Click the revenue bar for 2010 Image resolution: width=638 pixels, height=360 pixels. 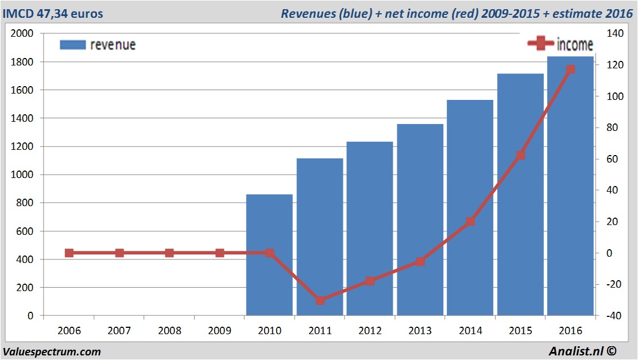[x=269, y=256]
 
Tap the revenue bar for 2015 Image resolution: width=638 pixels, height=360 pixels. [x=520, y=195]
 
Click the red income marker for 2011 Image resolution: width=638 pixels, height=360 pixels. [x=320, y=300]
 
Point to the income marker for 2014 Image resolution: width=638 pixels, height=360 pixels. [x=470, y=221]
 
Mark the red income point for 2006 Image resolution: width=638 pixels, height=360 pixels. [x=69, y=253]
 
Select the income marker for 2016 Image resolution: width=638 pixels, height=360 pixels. [x=570, y=69]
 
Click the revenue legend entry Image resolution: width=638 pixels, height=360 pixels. [x=98, y=45]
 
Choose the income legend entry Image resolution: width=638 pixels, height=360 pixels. [x=560, y=44]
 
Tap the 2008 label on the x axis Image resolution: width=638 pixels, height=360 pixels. [x=169, y=331]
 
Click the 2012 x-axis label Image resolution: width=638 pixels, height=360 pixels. [x=370, y=331]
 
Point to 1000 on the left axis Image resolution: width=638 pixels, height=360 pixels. [x=24, y=175]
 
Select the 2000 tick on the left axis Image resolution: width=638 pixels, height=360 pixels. [x=24, y=33]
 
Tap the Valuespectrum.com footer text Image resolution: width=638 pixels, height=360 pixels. [x=52, y=351]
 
